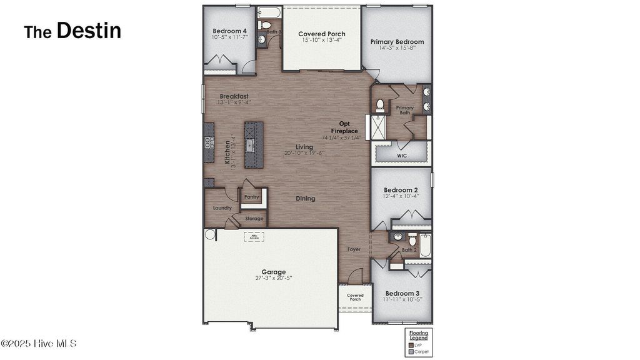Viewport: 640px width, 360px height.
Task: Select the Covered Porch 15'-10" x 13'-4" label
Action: coord(321,34)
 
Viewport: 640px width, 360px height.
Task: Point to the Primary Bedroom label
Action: coord(397,42)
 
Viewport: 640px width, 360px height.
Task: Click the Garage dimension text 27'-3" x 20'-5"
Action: coord(274,278)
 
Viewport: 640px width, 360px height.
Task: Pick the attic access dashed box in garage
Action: coord(253,237)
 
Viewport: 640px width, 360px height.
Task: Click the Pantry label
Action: coord(251,197)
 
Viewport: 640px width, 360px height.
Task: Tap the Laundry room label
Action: coord(222,208)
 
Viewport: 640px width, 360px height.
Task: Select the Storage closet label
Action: coord(254,219)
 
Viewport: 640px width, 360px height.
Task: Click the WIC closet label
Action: coord(402,155)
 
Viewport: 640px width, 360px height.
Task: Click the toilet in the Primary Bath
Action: coord(380,104)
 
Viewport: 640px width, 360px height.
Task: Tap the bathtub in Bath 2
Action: coord(425,246)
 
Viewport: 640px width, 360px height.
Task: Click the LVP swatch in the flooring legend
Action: coord(411,345)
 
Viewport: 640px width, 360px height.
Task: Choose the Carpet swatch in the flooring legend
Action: coord(411,352)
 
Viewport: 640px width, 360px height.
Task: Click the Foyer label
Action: coord(354,249)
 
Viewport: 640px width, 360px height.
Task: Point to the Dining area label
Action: coord(306,199)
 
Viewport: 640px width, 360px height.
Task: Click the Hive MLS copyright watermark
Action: coord(39,344)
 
